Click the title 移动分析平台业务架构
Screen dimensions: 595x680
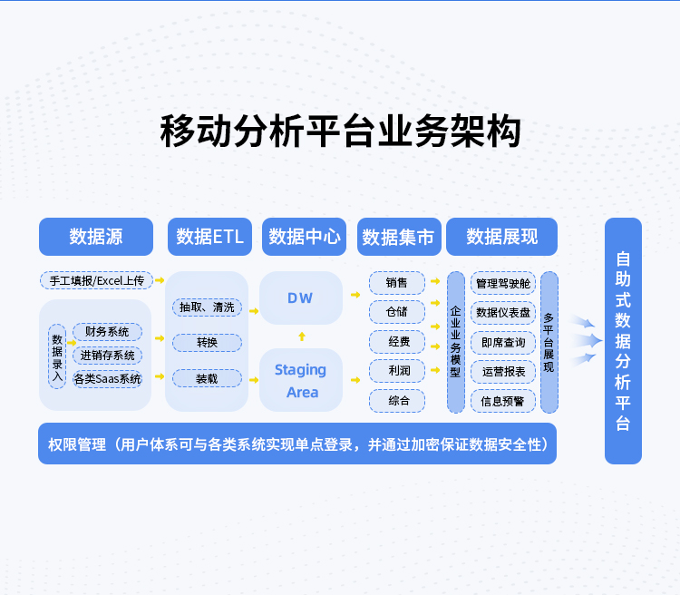click(x=340, y=132)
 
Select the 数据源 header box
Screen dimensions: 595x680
click(x=96, y=237)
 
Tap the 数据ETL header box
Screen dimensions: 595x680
click(x=209, y=237)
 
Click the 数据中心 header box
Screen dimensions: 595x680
click(x=305, y=237)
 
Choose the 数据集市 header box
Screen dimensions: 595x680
click(x=398, y=237)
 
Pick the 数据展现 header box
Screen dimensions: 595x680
click(x=501, y=237)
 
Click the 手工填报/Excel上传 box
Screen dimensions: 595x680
click(x=97, y=280)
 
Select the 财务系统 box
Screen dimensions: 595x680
click(x=108, y=332)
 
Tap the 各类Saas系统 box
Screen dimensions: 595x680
click(x=108, y=379)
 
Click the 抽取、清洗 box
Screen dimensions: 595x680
click(x=207, y=307)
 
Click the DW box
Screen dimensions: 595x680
click(x=301, y=298)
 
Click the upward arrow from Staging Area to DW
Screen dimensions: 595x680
click(x=302, y=337)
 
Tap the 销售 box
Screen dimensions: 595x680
click(x=397, y=283)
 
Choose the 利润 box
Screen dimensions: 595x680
click(x=397, y=371)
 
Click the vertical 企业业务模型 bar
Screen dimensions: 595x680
click(x=455, y=342)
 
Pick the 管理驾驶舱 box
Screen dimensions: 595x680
click(x=503, y=283)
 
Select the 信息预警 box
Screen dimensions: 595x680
click(x=503, y=400)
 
